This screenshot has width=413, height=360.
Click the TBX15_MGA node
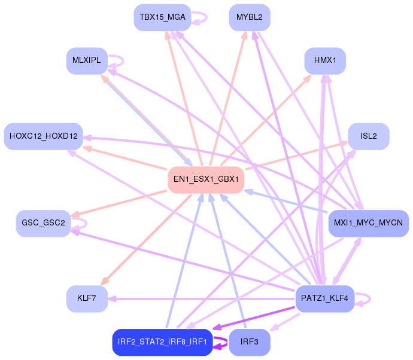click(162, 17)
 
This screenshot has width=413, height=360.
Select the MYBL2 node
click(250, 17)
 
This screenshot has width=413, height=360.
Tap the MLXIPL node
click(87, 60)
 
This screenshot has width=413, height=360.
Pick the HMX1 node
click(325, 60)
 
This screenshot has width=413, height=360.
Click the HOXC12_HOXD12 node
click(44, 136)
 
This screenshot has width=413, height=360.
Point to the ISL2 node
click(369, 136)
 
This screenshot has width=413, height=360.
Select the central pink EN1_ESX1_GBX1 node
click(206, 179)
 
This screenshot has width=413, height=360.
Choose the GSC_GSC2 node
click(43, 223)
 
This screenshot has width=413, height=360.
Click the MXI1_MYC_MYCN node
click(369, 223)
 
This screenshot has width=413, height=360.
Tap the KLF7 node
click(87, 298)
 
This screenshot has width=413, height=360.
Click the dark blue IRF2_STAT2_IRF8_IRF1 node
click(162, 342)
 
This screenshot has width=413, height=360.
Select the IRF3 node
click(250, 342)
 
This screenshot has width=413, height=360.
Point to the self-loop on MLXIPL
click(119, 60)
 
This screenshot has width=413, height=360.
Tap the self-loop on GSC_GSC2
click(82, 223)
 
